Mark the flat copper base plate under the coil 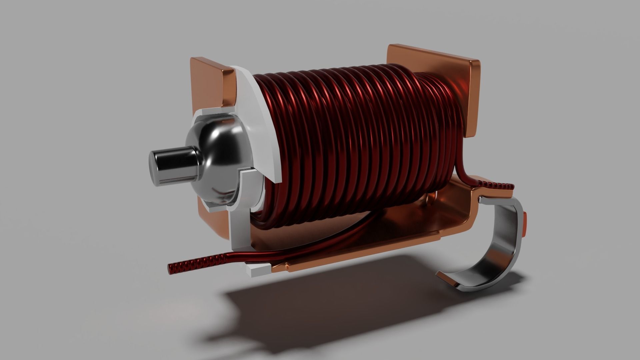[367, 240]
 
